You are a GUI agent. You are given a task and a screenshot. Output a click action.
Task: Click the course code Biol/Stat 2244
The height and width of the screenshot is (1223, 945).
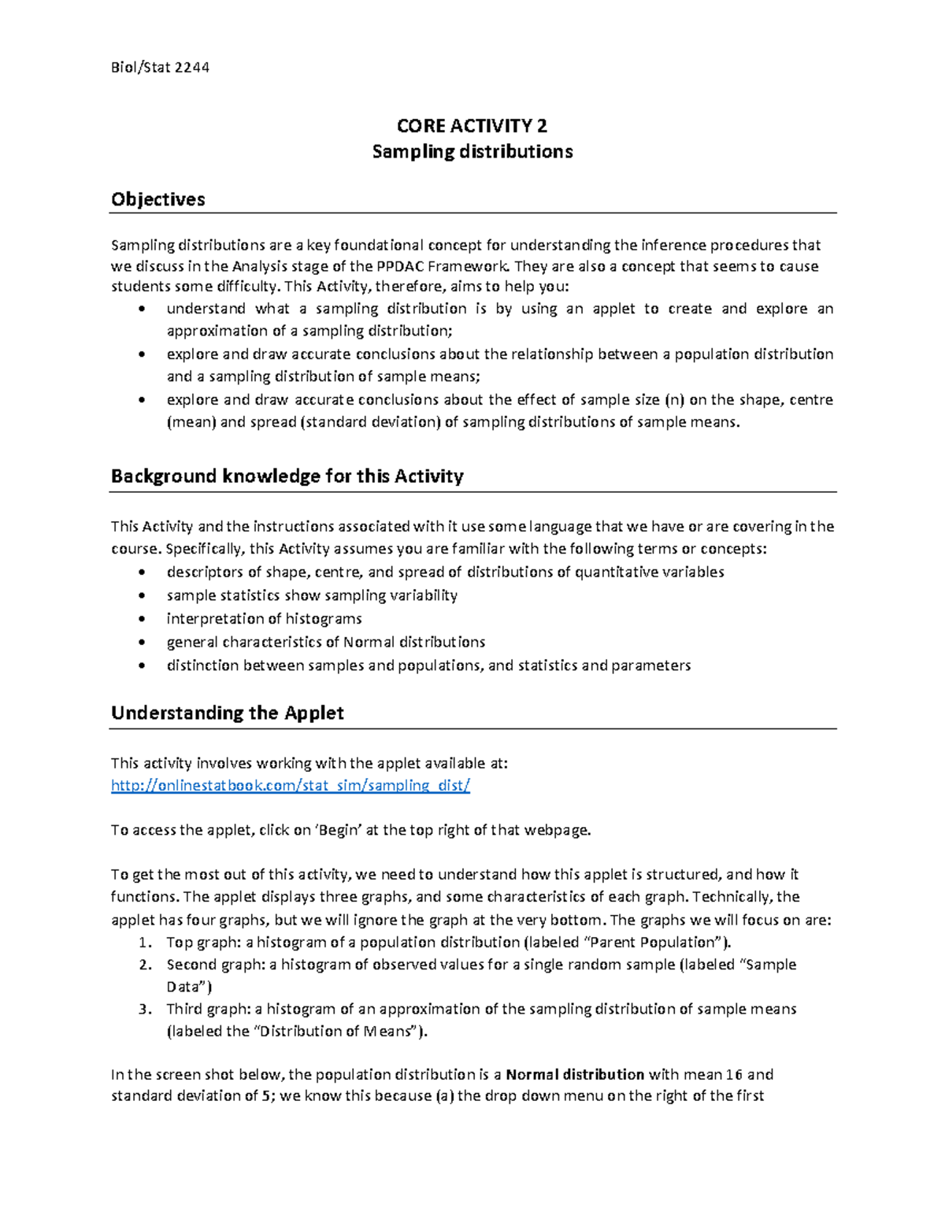click(160, 68)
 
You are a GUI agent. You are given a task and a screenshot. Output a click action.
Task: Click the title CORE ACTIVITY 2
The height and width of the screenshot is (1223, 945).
click(472, 126)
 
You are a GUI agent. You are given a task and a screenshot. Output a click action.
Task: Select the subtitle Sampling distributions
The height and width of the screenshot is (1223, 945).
click(472, 151)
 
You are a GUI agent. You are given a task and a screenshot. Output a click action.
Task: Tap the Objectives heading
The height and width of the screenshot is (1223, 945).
click(157, 199)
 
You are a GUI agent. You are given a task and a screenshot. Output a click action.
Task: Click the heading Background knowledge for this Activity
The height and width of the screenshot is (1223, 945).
click(287, 476)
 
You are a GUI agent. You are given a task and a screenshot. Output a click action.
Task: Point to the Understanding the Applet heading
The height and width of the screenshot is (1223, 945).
click(227, 713)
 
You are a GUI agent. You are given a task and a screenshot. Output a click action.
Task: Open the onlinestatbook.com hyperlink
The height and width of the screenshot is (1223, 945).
click(291, 785)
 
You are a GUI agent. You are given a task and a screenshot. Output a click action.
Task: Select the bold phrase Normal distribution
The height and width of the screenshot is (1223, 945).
click(575, 1074)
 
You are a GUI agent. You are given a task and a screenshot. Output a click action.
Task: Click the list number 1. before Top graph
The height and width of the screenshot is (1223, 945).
click(143, 943)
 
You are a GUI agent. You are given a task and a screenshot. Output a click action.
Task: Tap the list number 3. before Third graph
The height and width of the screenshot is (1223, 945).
click(143, 1009)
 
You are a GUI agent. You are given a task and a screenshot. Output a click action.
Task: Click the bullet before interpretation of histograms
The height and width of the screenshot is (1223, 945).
click(141, 619)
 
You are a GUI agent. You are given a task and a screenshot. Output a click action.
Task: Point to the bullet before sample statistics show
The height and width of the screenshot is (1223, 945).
click(141, 596)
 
